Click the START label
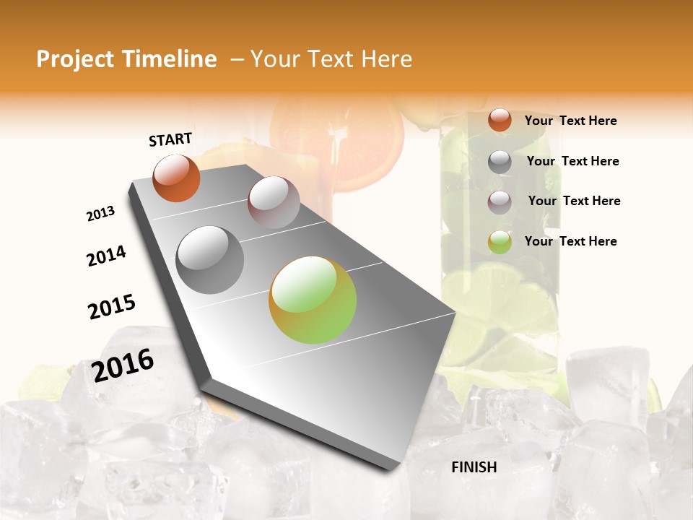pos(170,139)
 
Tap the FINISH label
pos(474,467)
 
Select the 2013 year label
pos(100,214)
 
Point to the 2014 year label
pos(106,256)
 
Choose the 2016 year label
pos(123,365)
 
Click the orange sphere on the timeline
pos(176,178)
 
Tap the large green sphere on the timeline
pos(313,300)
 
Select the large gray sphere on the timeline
pos(210,260)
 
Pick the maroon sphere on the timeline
pos(274,201)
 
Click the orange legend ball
pos(500,121)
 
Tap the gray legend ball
pos(500,162)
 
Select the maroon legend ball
pos(500,202)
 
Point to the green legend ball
pos(500,242)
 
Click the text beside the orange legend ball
pos(570,121)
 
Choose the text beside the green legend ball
pos(570,241)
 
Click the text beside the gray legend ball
pos(572,161)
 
